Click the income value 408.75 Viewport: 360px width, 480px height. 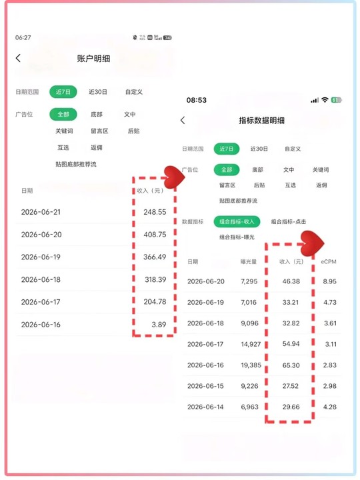(x=155, y=235)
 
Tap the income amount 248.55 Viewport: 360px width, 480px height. (x=155, y=212)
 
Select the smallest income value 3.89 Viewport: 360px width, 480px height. (x=159, y=325)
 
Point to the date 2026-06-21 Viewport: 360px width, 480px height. (x=41, y=212)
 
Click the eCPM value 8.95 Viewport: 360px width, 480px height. (x=330, y=281)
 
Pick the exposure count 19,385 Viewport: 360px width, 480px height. (x=251, y=365)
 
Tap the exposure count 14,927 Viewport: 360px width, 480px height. (x=251, y=344)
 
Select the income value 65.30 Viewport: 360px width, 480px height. (x=291, y=365)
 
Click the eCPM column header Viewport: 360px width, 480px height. (x=329, y=262)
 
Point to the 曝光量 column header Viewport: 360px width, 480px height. (x=249, y=262)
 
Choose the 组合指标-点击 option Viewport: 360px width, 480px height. (x=289, y=221)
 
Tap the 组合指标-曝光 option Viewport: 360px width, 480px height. (x=237, y=237)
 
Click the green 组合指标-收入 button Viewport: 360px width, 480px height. (x=237, y=221)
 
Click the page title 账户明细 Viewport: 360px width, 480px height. (x=93, y=59)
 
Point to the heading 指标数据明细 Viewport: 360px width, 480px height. (x=262, y=120)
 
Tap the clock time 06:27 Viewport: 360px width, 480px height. (x=23, y=37)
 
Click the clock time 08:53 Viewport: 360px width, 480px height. (x=197, y=100)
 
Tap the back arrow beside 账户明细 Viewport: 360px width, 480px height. (x=19, y=58)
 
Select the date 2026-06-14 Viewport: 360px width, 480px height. (x=205, y=407)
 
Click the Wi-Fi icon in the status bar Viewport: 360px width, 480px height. (x=325, y=100)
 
